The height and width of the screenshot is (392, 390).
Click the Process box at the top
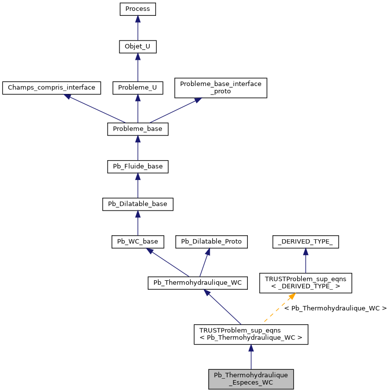(x=138, y=9)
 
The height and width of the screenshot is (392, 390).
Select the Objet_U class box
(x=138, y=47)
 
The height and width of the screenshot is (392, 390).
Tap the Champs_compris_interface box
(x=51, y=88)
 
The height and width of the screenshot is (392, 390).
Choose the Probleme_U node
(x=138, y=88)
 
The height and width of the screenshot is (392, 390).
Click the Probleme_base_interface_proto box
(x=221, y=87)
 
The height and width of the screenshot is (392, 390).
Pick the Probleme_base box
(x=138, y=129)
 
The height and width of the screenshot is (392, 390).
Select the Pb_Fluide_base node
(x=138, y=167)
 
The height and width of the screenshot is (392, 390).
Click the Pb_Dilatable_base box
(x=138, y=204)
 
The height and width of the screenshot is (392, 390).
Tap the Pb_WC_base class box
(x=138, y=242)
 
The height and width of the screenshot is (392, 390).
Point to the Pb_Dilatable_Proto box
(x=211, y=242)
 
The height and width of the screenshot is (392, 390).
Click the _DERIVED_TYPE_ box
(x=306, y=242)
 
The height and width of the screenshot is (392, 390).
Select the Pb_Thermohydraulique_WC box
(x=197, y=283)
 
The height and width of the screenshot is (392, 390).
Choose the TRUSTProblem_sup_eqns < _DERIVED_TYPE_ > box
(x=306, y=283)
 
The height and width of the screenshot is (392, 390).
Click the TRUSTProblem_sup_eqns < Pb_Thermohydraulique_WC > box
(x=251, y=334)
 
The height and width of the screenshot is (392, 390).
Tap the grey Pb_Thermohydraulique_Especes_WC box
(x=251, y=379)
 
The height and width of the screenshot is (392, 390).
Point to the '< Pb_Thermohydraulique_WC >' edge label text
(x=335, y=308)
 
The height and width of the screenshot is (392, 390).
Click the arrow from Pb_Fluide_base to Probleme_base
(x=138, y=148)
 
